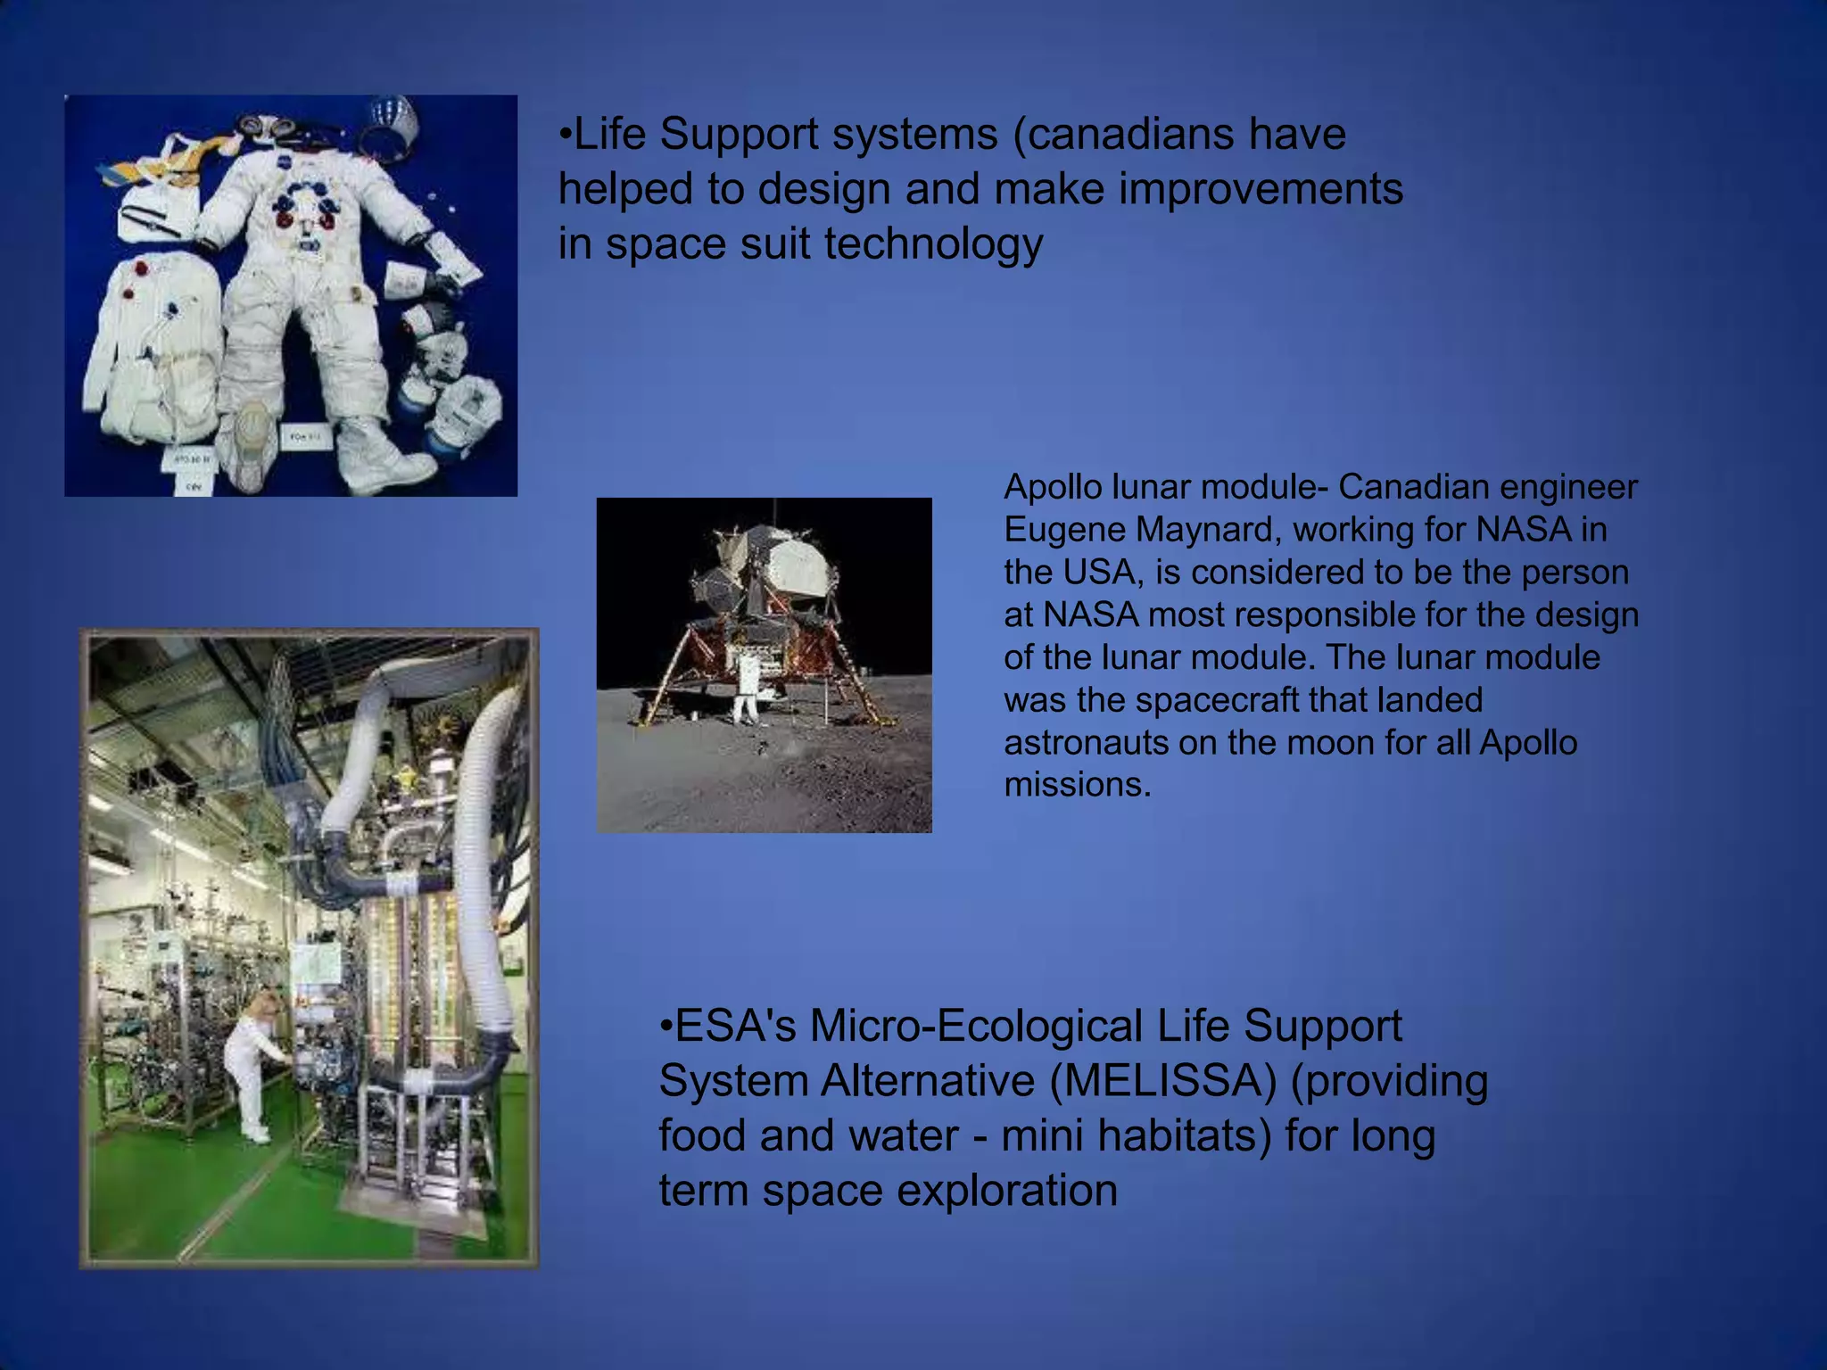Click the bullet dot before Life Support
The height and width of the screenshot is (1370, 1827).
pyautogui.click(x=565, y=136)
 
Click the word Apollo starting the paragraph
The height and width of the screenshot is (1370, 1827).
pyautogui.click(x=1052, y=488)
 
